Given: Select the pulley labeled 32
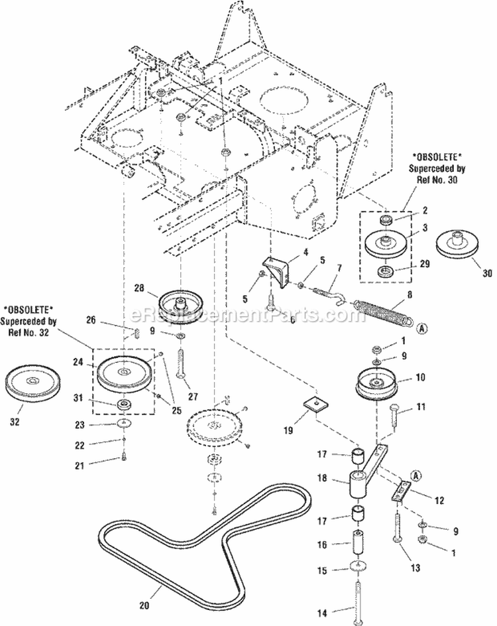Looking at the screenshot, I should click(x=32, y=383).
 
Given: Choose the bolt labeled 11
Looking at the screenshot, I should click(x=397, y=417).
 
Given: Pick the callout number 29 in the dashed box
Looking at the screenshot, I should click(x=425, y=263).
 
